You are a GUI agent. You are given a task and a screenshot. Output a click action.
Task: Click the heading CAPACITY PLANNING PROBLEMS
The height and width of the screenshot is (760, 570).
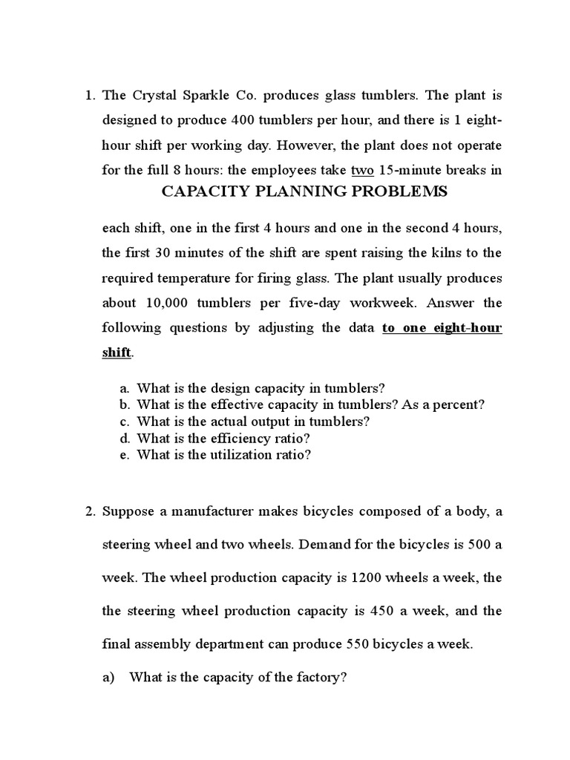tap(305, 191)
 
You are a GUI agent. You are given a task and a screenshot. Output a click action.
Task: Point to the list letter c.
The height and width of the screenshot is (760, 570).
tap(123, 421)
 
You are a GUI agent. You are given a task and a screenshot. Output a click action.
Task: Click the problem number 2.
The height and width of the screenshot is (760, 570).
tap(89, 511)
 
